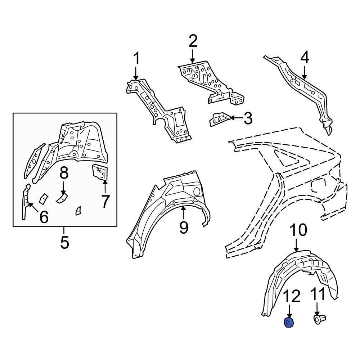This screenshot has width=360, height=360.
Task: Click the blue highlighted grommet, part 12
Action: [289, 323]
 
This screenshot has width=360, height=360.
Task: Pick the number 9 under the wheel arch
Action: [184, 228]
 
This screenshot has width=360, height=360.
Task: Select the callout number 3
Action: [248, 118]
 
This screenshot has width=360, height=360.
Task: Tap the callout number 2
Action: [193, 41]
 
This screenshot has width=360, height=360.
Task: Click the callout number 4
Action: [305, 58]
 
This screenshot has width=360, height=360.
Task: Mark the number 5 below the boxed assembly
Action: [64, 242]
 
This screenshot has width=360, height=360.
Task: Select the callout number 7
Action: [104, 202]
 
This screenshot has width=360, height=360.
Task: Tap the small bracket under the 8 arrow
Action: [62, 198]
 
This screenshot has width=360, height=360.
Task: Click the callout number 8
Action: [64, 174]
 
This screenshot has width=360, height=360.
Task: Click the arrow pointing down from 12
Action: [289, 311]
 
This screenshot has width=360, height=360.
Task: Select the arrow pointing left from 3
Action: [235, 118]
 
